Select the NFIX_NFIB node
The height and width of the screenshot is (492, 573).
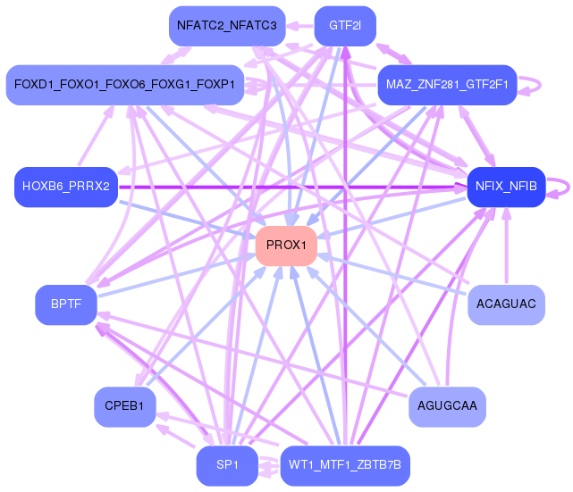click(506, 187)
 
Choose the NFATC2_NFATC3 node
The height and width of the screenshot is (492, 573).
click(227, 25)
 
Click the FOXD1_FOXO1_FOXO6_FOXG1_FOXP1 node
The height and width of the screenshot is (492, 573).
click(125, 85)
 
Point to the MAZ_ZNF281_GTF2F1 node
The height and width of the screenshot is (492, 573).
click(447, 85)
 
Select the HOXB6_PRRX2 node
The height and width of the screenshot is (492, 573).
click(66, 187)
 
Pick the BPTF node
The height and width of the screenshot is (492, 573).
click(66, 304)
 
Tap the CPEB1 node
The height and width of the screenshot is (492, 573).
click(125, 406)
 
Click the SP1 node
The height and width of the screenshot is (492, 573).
click(227, 465)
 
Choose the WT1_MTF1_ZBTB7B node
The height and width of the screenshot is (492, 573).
click(345, 465)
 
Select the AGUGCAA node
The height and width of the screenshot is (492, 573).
click(447, 406)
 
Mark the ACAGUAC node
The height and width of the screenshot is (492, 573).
click(506, 304)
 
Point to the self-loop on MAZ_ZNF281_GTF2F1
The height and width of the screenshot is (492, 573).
click(535, 85)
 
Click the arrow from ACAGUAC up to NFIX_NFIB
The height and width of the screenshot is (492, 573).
click(506, 250)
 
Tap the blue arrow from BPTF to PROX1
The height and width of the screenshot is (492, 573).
click(170, 278)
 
